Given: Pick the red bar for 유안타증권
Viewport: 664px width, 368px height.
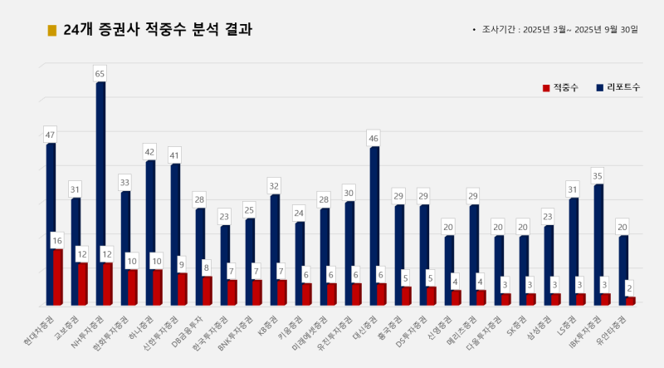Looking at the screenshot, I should (x=631, y=301).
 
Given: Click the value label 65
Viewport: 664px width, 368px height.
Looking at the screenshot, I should (x=100, y=74).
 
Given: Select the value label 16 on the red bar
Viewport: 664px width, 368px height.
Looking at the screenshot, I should (x=57, y=241).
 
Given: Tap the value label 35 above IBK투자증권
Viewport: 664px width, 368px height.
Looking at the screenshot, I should (x=598, y=176).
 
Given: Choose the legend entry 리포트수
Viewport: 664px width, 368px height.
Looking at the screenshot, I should (x=618, y=87).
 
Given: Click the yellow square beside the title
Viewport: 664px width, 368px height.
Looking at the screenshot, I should (x=51, y=31).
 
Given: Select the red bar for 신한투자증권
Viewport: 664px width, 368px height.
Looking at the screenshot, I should (x=182, y=288).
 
